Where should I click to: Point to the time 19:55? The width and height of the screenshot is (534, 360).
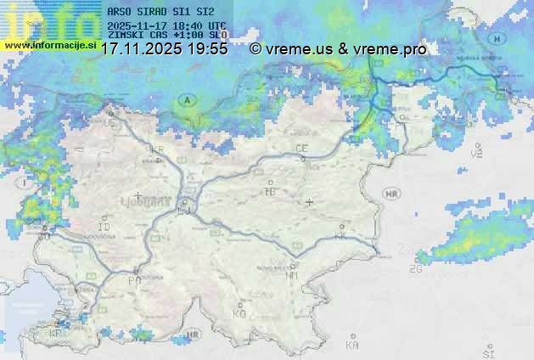[208, 49]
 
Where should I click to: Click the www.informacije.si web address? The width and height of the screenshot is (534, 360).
[49, 44]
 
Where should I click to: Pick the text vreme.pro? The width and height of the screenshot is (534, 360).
[392, 49]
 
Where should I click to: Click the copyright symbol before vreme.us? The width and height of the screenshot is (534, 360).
[256, 49]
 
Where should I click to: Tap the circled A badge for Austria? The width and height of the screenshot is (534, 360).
[187, 100]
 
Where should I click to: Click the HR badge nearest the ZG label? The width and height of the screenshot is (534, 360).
[391, 194]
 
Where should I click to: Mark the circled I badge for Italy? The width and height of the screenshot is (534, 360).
[26, 182]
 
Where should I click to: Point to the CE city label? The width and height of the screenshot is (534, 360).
[301, 149]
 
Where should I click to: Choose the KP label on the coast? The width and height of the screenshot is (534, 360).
[55, 334]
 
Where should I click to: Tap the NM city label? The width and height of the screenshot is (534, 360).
[292, 275]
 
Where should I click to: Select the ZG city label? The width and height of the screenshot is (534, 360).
[415, 270]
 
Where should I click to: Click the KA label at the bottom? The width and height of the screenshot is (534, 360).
[352, 345]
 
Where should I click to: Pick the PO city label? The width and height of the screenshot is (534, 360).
[133, 280]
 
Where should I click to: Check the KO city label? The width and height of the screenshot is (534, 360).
[239, 313]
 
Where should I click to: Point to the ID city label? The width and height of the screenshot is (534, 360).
[104, 228]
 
